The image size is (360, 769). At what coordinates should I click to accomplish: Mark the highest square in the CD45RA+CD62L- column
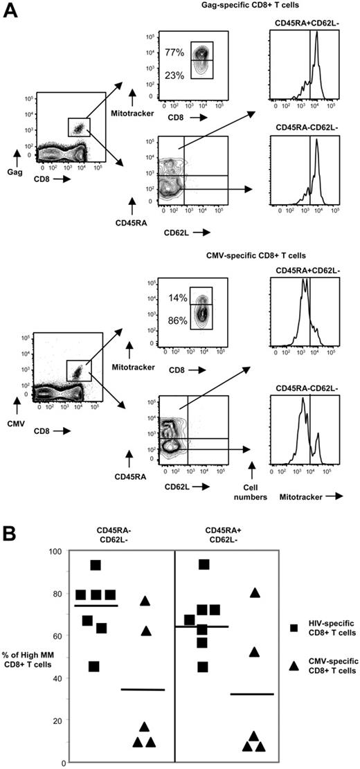point(204,565)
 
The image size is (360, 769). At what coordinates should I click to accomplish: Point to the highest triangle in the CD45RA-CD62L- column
point(145,601)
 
